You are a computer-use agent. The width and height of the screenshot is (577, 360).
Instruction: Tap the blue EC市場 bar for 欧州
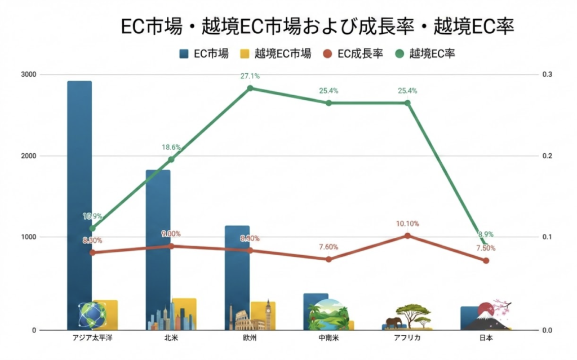(x=237, y=265)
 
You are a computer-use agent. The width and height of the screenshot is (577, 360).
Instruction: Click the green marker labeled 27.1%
(x=250, y=88)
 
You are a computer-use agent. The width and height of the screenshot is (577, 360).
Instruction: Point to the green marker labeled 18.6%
(x=171, y=159)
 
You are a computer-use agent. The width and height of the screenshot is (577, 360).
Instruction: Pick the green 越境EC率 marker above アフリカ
(x=407, y=103)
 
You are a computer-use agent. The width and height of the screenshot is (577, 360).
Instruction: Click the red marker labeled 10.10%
(x=407, y=235)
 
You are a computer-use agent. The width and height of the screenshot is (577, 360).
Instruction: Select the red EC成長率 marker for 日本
(x=486, y=260)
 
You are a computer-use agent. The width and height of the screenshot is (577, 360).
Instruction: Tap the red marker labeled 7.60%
(x=329, y=259)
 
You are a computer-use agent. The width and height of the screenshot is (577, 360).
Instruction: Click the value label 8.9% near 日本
(x=487, y=234)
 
